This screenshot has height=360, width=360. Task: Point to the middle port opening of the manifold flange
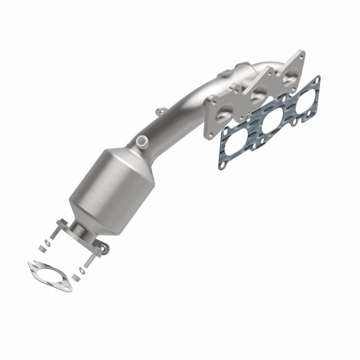[x=258, y=95]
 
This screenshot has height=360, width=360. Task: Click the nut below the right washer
[x=75, y=276]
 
